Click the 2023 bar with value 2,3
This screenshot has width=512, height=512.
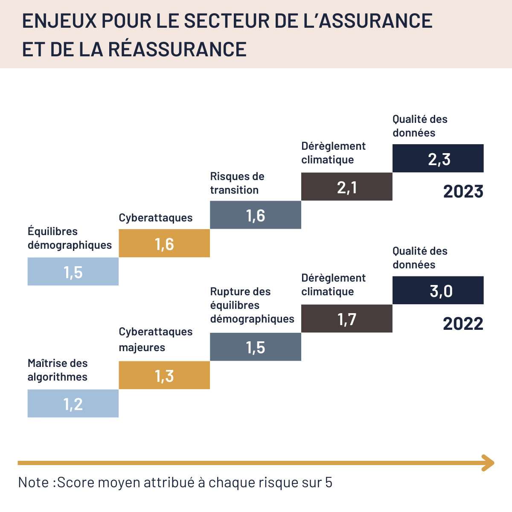point(438,158)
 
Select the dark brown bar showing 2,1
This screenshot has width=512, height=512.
point(346,186)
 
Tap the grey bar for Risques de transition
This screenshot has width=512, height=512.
point(255,215)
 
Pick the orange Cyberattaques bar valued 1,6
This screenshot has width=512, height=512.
point(164,243)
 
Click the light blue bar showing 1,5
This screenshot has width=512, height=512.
point(73,271)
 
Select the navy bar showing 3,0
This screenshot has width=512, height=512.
point(438,290)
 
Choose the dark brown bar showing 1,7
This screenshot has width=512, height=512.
point(346,319)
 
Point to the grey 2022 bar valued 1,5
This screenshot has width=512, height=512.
point(255,347)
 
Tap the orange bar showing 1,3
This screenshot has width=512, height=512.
point(164,375)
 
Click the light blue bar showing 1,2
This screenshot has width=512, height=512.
point(73,403)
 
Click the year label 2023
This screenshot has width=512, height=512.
point(463,192)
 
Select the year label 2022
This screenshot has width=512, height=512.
point(463,324)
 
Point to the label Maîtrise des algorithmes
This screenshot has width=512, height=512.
point(58,370)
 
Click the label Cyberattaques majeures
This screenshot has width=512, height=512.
point(155,339)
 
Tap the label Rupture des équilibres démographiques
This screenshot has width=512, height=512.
point(252,305)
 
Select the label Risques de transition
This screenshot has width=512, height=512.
point(237,183)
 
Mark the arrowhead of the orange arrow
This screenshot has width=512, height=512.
point(488,463)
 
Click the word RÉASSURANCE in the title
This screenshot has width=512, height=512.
point(177,49)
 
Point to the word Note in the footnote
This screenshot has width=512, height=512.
point(34,482)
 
